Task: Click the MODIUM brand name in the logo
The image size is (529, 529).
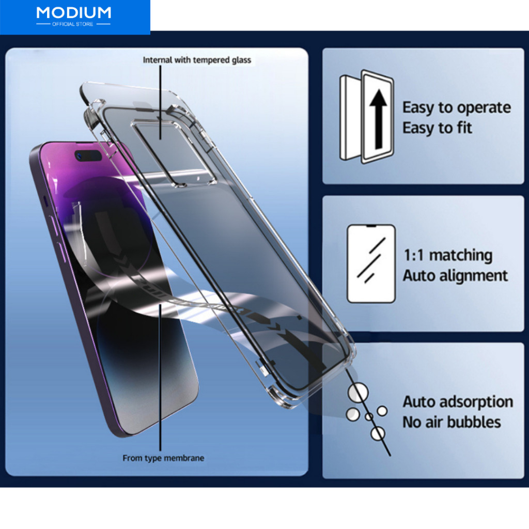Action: [73, 13]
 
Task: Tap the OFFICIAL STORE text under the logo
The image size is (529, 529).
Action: [72, 24]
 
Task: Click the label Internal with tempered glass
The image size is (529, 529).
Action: [197, 60]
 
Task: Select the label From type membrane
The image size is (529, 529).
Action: [163, 458]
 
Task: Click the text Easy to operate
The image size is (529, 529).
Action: [457, 108]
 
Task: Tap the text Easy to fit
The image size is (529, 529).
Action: [437, 128]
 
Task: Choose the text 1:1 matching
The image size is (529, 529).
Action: [448, 255]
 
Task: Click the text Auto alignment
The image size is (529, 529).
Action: [455, 276]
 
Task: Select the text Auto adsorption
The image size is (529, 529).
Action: [458, 402]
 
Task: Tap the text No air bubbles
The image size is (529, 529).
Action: [452, 423]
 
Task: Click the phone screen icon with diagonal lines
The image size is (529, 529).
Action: [371, 264]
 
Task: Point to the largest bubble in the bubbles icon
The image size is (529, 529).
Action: [358, 393]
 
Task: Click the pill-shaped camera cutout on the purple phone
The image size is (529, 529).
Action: [88, 155]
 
